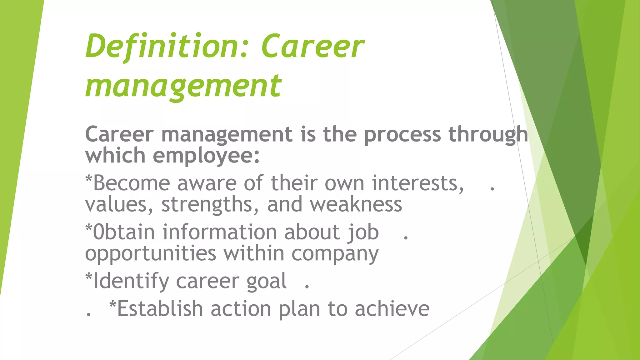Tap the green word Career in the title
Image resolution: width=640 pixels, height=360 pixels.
click(x=312, y=47)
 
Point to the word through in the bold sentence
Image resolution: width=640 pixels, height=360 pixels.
click(x=488, y=135)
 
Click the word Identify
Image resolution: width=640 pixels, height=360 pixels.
click(x=131, y=281)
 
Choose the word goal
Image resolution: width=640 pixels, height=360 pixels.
click(x=266, y=282)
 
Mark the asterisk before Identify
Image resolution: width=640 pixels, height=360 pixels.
click(x=89, y=276)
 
